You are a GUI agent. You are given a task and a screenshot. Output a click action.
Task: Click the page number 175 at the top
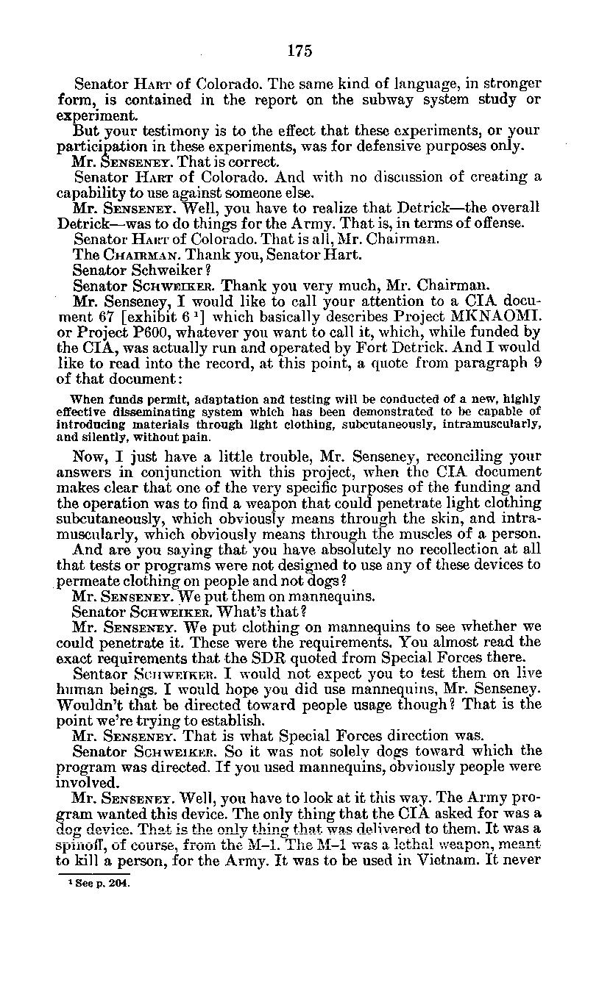tap(300, 51)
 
